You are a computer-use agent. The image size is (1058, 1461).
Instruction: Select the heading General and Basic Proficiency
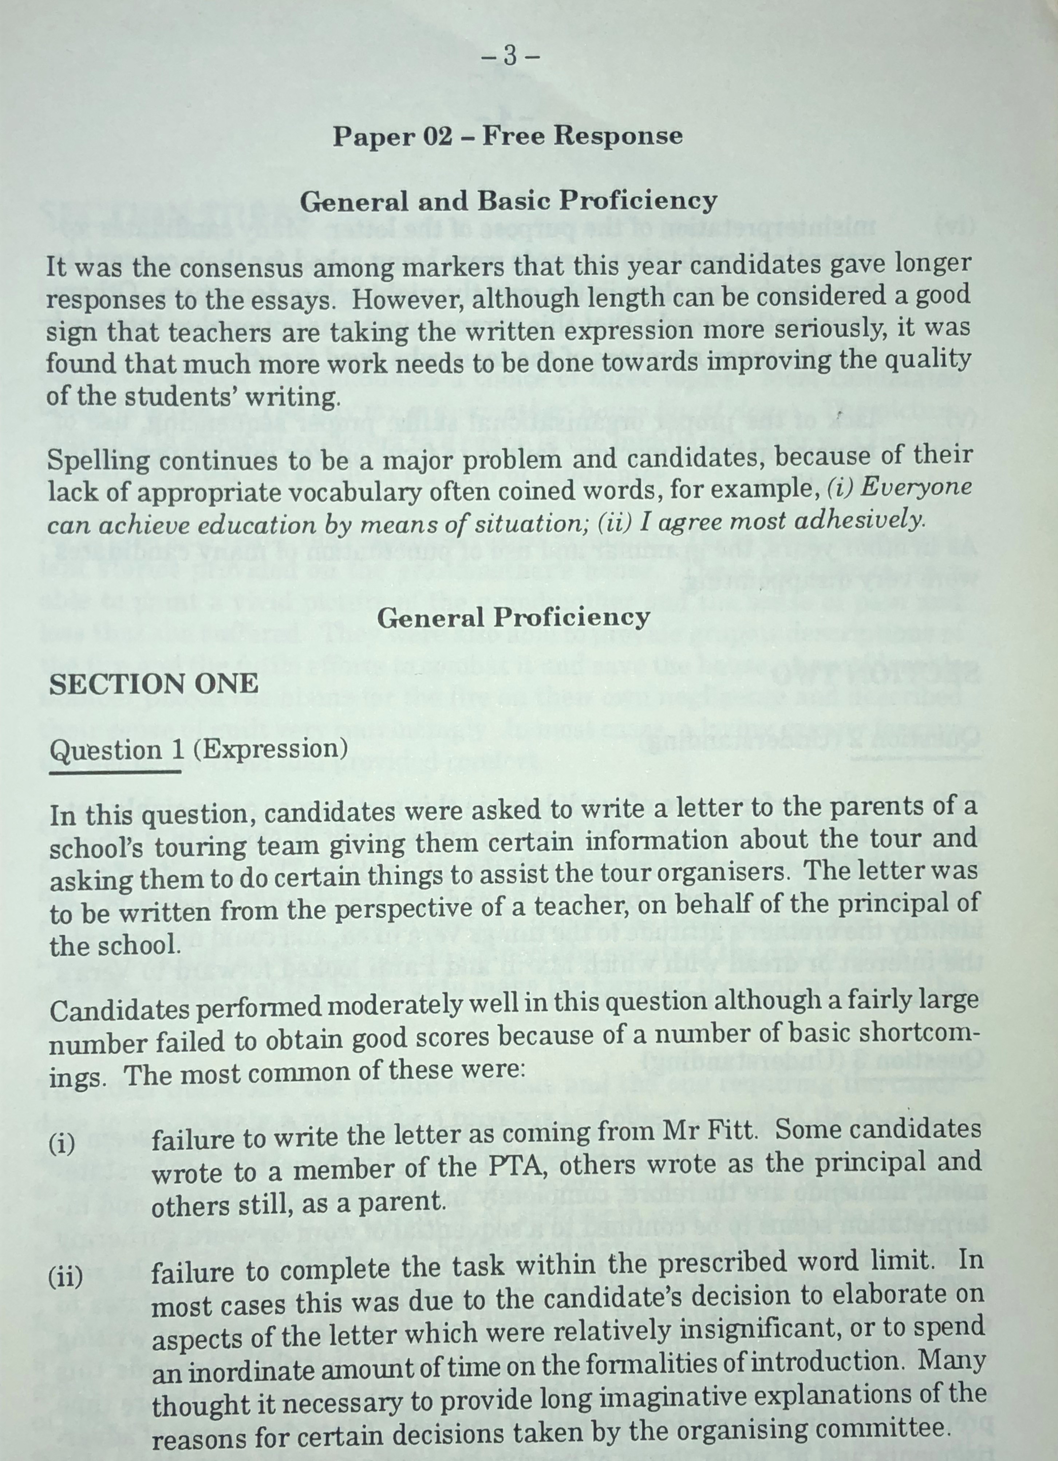[x=508, y=202]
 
